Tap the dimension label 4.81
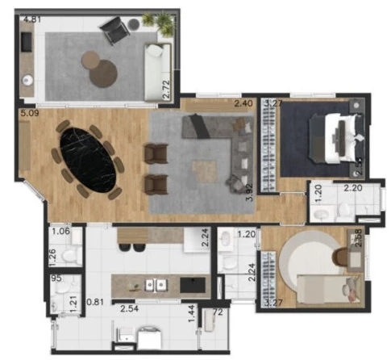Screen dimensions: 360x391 (x=32, y=18)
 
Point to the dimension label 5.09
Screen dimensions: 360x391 (x=30, y=114)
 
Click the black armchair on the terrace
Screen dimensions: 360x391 (x=114, y=31)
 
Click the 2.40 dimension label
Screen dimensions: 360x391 (x=243, y=103)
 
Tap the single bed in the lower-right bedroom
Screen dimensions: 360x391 (x=327, y=287)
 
